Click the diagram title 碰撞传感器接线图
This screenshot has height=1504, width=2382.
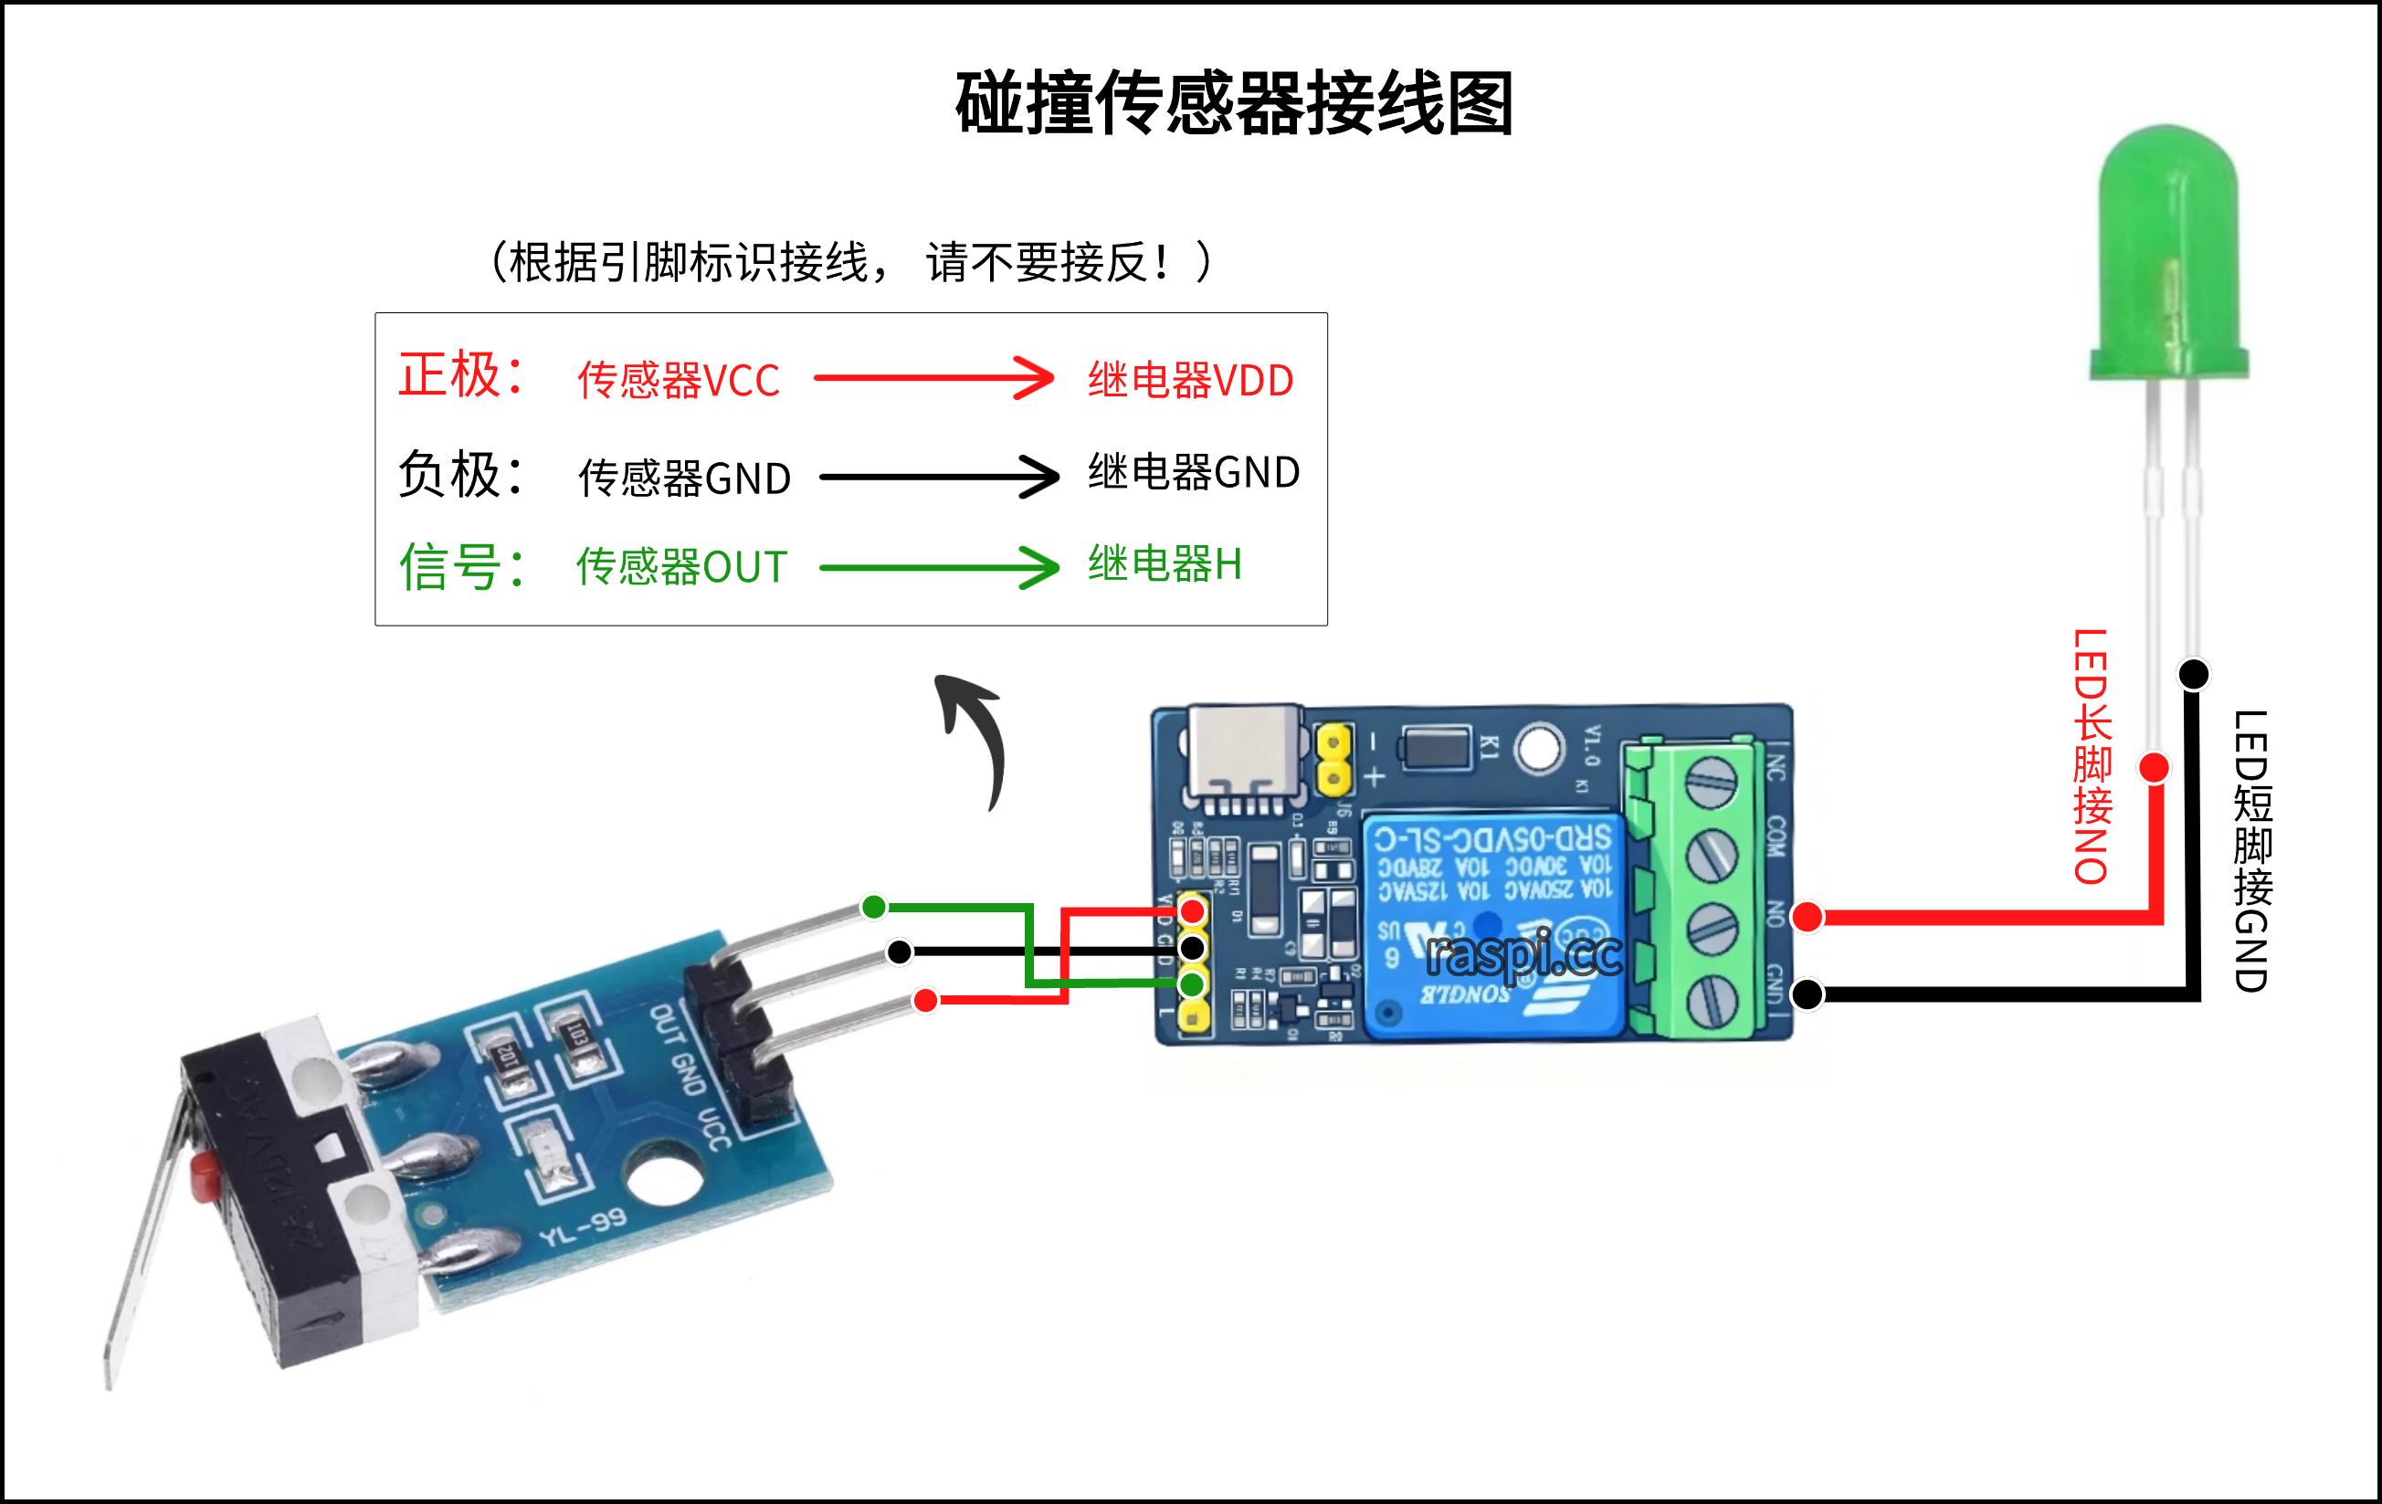(1234, 104)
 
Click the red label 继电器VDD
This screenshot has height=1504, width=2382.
(1190, 381)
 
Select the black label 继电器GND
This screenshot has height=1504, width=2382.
(1193, 473)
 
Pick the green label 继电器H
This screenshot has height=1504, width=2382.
(1165, 564)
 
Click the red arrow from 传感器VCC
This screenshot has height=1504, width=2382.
(933, 378)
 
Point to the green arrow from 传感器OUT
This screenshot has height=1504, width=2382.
(939, 568)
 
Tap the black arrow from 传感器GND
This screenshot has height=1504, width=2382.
(939, 477)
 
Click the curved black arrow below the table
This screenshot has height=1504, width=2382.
(975, 737)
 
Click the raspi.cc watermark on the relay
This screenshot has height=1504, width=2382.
(1523, 955)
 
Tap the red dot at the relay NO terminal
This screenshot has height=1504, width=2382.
(1808, 917)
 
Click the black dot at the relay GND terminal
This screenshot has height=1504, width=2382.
(1808, 994)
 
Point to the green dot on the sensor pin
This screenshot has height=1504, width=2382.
(873, 907)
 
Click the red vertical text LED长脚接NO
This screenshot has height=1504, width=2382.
(2092, 756)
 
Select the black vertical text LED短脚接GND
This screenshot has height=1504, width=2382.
(2252, 850)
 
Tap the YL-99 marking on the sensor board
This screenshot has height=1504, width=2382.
(583, 1227)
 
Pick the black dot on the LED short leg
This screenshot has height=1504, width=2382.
(2193, 674)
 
